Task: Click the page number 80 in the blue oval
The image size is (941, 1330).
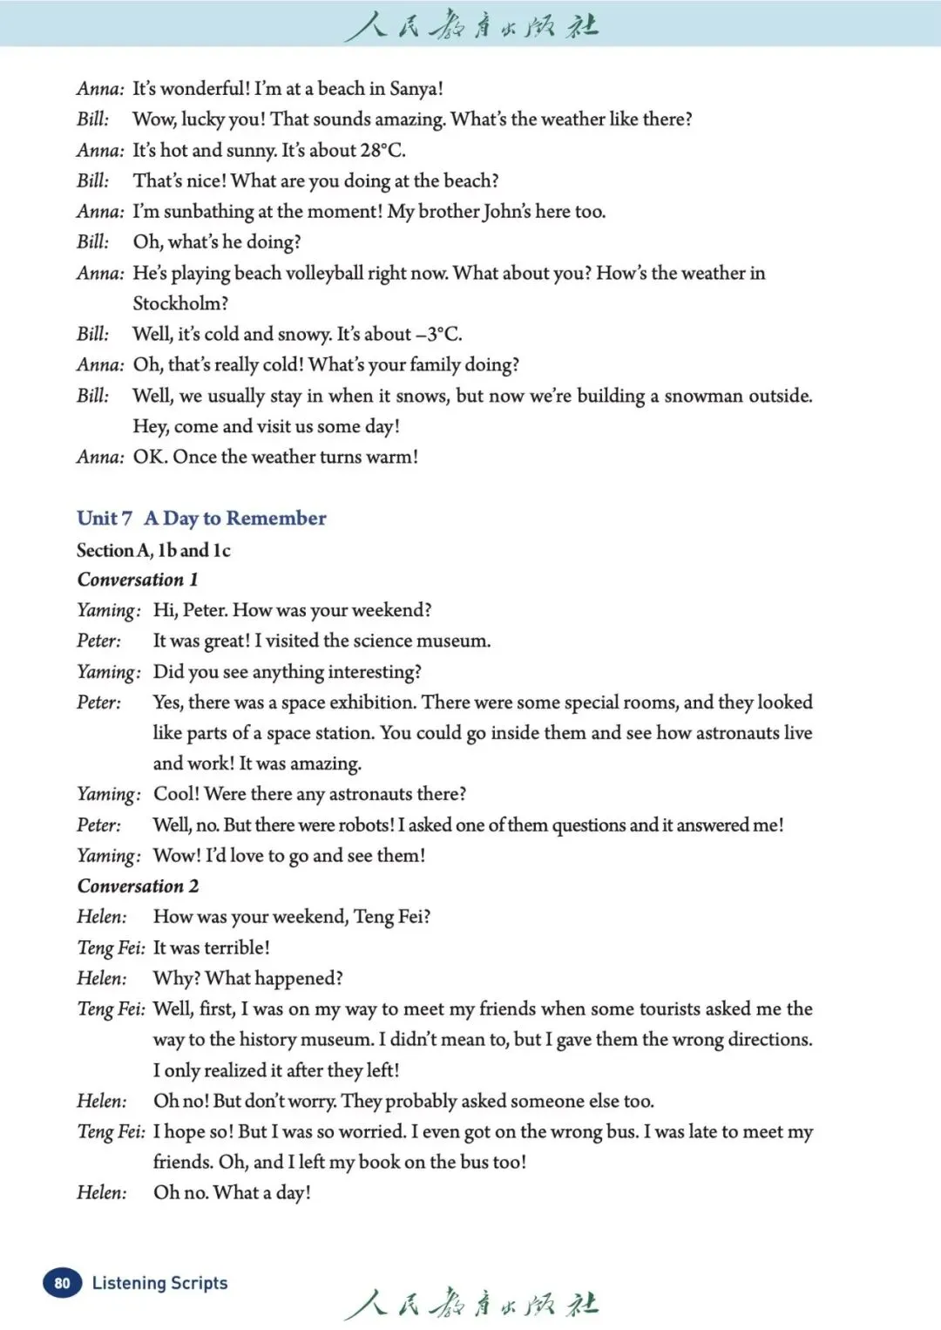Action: click(x=62, y=1283)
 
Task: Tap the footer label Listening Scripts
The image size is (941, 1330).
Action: click(x=159, y=1283)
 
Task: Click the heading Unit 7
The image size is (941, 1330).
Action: click(x=105, y=519)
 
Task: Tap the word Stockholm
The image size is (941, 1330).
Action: click(x=179, y=303)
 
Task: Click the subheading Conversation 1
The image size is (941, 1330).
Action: click(x=138, y=580)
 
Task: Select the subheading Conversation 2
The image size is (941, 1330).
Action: click(x=138, y=886)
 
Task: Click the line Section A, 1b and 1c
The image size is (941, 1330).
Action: click(x=153, y=550)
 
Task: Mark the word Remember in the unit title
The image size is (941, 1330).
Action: click(x=275, y=519)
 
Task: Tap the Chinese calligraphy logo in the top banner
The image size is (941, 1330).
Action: click(x=471, y=24)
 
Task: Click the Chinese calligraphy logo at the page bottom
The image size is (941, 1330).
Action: click(x=471, y=1303)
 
